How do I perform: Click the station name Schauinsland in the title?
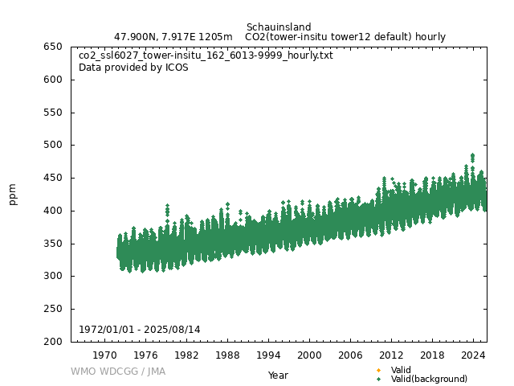(279, 27)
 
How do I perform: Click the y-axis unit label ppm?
(13, 195)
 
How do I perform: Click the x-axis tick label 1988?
(227, 355)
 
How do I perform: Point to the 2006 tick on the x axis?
(350, 355)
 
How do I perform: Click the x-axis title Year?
(278, 376)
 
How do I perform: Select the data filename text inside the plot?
(206, 55)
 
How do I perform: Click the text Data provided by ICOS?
(133, 68)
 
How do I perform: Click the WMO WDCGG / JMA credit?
(118, 372)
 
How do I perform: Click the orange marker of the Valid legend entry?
(378, 370)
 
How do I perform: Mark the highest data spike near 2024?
(472, 155)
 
